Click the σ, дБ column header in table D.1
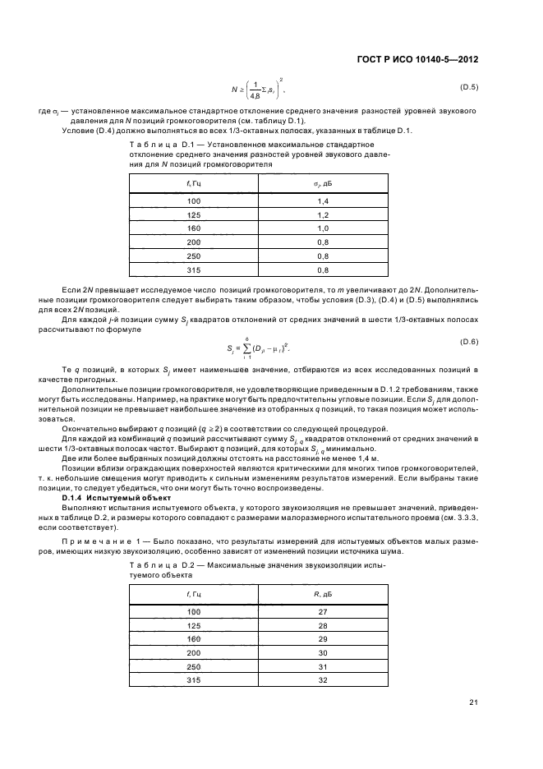pyautogui.click(x=322, y=181)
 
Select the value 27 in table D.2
pyautogui.click(x=322, y=611)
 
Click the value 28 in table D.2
pyautogui.click(x=322, y=625)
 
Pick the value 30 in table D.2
pyautogui.click(x=322, y=652)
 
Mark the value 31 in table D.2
pyautogui.click(x=322, y=666)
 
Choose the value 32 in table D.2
pyautogui.click(x=322, y=680)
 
